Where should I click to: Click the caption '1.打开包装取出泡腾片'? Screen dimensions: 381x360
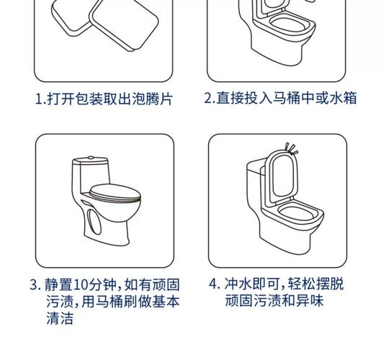(x=104, y=99)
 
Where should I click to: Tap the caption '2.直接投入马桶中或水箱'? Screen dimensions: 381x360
(x=280, y=98)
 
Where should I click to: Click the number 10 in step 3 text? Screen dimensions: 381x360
(x=81, y=284)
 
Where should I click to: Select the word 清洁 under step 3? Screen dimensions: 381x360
(x=60, y=318)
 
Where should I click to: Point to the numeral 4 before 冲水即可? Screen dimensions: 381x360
(x=213, y=284)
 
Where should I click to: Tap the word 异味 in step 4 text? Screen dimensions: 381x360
(x=310, y=301)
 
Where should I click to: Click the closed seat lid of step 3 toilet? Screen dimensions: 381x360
(x=115, y=194)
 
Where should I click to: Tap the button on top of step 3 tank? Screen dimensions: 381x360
(x=91, y=158)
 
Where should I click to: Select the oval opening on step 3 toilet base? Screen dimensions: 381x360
(x=94, y=222)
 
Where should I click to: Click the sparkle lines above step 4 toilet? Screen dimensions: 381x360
(x=291, y=148)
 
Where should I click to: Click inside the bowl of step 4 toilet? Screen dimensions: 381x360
(x=296, y=213)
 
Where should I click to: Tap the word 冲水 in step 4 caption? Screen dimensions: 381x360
(x=238, y=284)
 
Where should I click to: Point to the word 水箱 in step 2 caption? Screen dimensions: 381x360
(x=343, y=98)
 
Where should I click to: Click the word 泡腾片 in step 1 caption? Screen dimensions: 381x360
(x=153, y=99)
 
